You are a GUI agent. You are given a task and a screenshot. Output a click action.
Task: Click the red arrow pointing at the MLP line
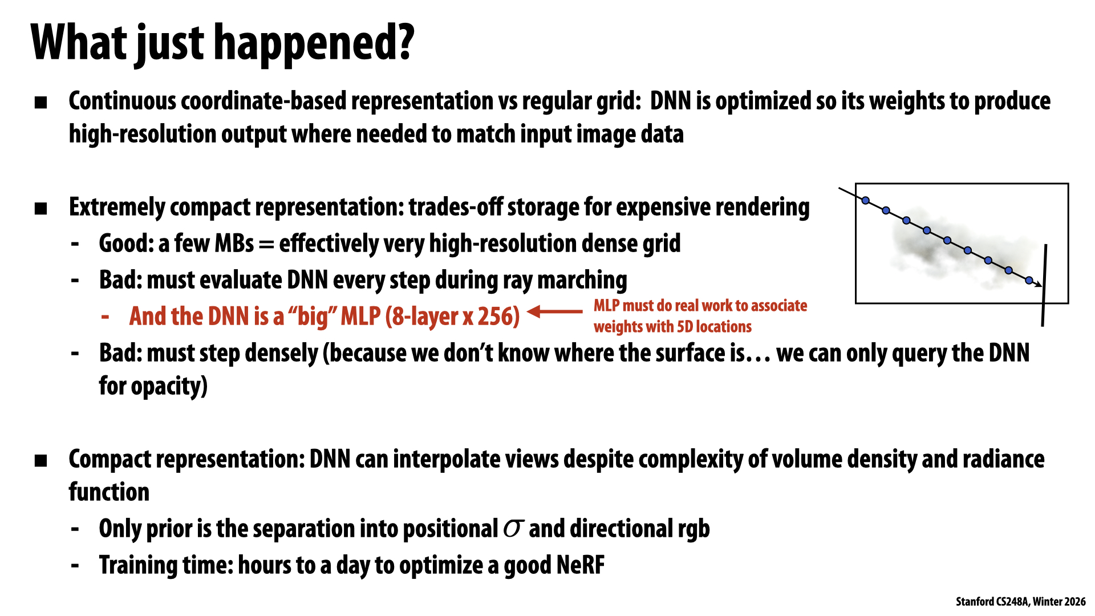555,311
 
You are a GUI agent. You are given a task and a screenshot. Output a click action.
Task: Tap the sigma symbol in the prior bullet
513,529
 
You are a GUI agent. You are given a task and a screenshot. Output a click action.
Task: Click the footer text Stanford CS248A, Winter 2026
1021,602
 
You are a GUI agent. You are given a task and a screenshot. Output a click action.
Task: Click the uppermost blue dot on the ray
866,200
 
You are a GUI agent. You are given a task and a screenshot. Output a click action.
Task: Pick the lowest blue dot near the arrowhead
1029,280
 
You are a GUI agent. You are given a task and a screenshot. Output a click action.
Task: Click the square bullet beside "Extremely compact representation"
40,209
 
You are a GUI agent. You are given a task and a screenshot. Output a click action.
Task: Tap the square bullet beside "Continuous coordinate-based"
40,103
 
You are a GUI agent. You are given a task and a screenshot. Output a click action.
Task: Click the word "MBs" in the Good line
234,244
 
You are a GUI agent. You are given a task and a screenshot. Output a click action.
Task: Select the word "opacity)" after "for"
169,387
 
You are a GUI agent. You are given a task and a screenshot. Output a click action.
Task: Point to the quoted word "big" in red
313,317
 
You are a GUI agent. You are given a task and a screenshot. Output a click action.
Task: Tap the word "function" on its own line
109,492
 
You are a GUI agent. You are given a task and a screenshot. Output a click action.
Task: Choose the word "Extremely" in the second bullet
117,208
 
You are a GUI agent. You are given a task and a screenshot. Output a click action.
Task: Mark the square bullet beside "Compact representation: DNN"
40,461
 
